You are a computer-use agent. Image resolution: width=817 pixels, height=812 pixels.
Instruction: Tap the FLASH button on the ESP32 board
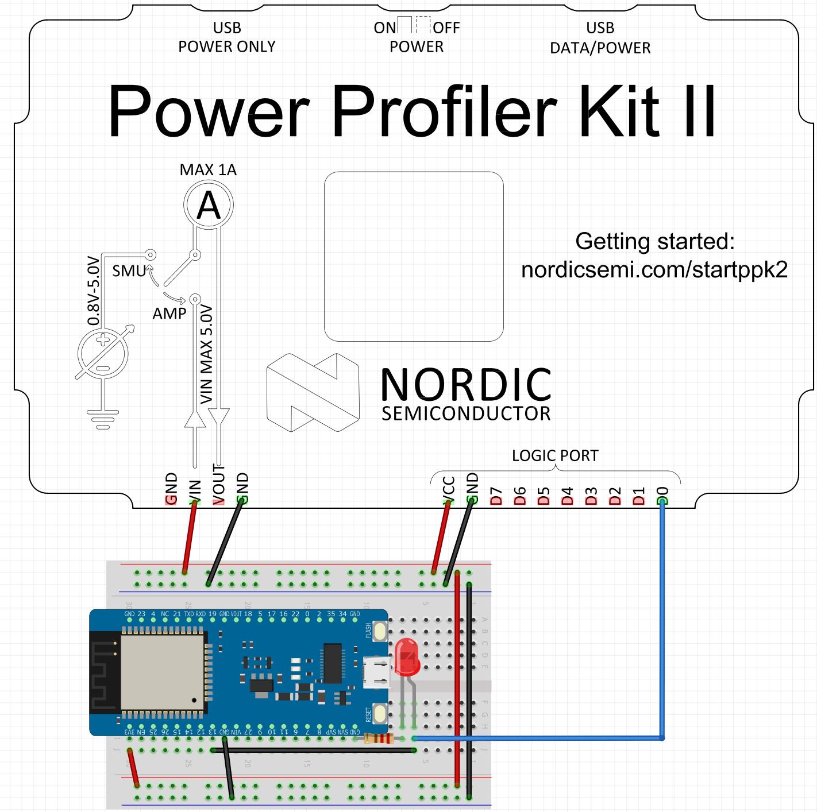(380, 632)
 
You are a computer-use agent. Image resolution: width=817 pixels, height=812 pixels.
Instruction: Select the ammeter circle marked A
(208, 205)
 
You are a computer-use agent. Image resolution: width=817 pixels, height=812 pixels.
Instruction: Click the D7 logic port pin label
(496, 495)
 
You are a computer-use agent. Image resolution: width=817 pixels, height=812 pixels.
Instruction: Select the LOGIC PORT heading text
(555, 456)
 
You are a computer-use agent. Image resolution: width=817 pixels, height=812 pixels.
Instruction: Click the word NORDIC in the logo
(466, 385)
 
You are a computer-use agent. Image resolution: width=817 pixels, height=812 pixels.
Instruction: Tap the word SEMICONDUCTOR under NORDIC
(466, 414)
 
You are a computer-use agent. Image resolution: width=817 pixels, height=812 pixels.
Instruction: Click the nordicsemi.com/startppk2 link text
(654, 269)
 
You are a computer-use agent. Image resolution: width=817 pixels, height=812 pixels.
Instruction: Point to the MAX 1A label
(208, 170)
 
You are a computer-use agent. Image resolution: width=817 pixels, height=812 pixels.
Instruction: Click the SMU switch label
(129, 271)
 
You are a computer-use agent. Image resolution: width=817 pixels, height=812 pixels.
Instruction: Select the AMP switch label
(169, 314)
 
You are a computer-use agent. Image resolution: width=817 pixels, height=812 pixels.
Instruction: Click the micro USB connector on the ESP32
(377, 672)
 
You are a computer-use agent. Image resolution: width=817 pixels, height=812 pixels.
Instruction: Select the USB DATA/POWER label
(600, 38)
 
